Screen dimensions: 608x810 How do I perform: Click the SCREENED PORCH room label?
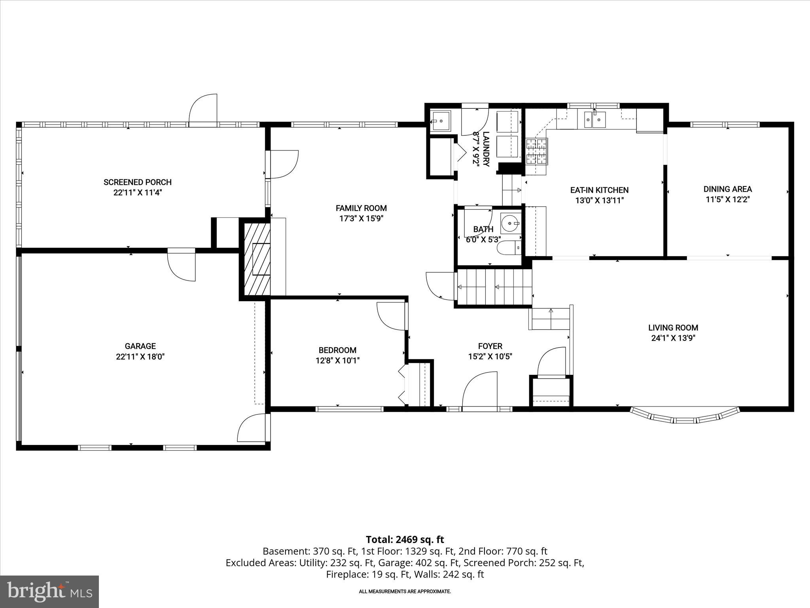(138, 182)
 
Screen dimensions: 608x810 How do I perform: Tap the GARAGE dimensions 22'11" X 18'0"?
(140, 357)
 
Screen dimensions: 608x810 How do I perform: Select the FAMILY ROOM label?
(361, 208)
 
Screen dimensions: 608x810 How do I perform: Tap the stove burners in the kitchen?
(537, 152)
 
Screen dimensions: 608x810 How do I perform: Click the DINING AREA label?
(728, 189)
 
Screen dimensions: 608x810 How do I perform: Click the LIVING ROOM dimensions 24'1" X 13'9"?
(673, 338)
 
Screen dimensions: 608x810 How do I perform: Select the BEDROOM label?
(337, 350)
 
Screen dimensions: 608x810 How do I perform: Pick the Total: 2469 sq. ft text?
(405, 540)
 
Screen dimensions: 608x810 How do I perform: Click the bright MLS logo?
(49, 592)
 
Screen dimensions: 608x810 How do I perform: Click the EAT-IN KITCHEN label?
(599, 190)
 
